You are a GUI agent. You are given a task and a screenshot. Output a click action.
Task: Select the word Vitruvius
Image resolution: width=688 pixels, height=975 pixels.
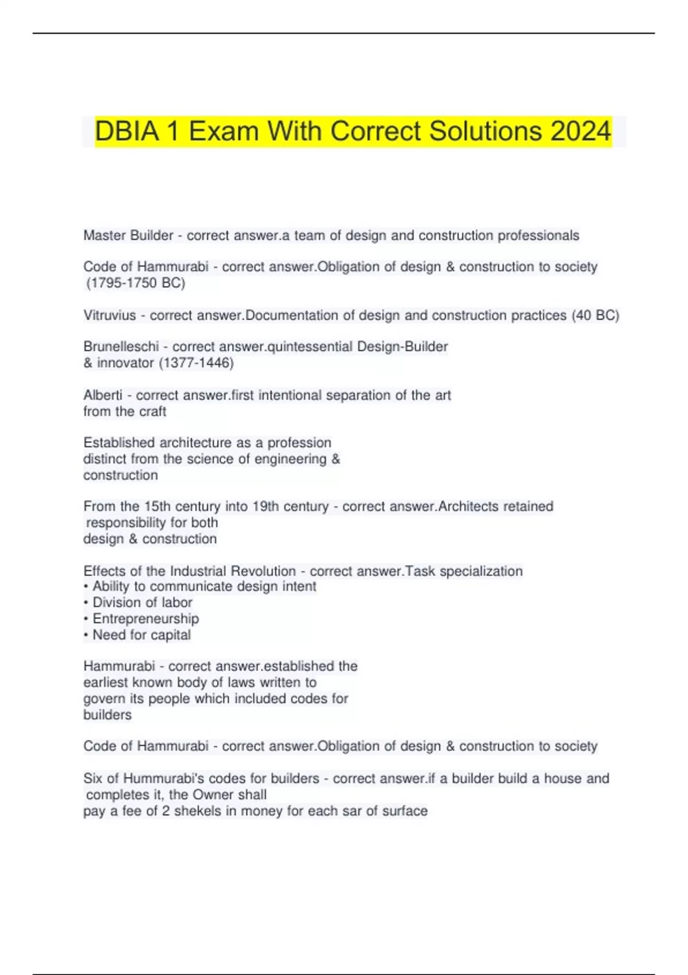point(110,315)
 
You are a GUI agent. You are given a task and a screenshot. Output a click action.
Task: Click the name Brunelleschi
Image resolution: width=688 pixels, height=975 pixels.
point(121,346)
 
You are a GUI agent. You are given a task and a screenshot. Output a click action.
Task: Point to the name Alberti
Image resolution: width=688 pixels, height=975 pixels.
point(103,395)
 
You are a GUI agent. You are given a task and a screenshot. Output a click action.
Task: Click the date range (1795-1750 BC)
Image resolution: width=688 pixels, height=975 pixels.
point(135,283)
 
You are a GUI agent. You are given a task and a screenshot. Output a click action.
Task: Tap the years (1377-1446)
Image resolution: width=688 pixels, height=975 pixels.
point(196,362)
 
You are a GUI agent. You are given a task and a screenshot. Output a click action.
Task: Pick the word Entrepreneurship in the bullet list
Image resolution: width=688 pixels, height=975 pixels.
point(146,619)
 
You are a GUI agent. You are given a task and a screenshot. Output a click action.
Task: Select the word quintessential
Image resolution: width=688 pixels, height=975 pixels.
point(310,346)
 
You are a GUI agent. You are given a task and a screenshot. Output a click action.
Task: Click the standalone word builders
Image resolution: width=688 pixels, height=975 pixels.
point(107,715)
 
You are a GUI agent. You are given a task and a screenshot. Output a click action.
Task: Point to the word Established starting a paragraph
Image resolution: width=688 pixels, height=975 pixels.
point(119,443)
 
